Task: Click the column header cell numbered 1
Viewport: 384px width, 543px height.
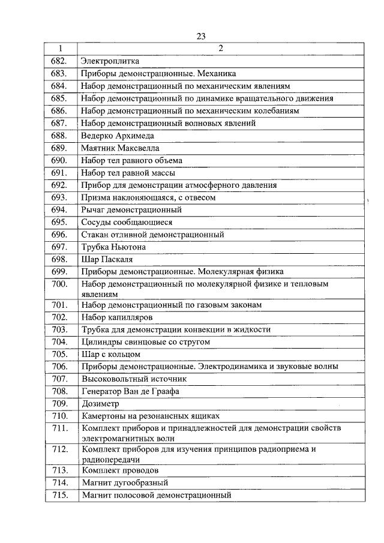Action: point(61,49)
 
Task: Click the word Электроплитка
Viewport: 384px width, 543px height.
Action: point(110,61)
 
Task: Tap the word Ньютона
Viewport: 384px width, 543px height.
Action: point(127,247)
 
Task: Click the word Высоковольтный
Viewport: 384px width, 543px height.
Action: point(112,379)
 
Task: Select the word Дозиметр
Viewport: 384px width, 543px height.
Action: point(100,404)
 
